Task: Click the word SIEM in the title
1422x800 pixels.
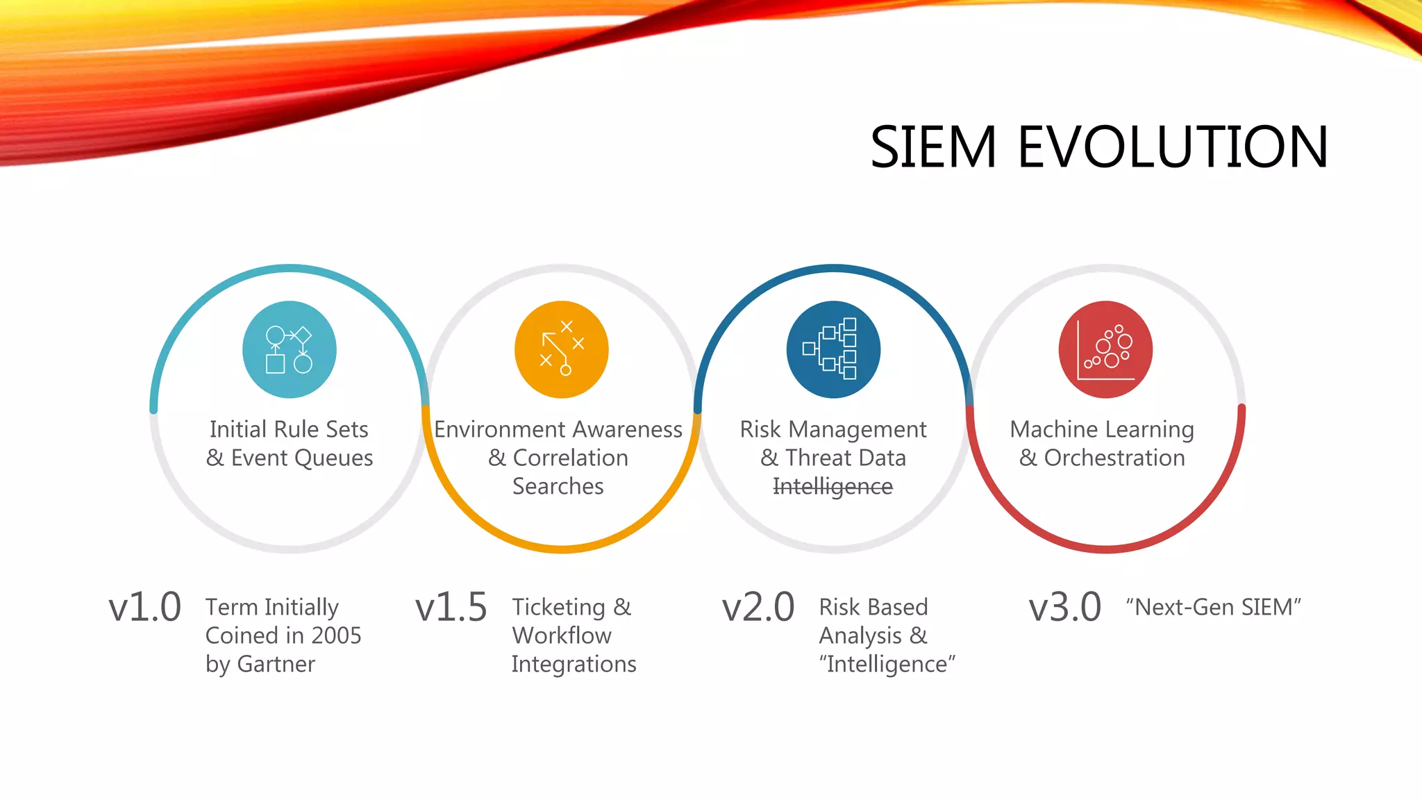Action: click(x=933, y=147)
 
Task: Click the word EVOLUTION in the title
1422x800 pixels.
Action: click(x=1173, y=147)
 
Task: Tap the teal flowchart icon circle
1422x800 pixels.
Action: click(x=290, y=349)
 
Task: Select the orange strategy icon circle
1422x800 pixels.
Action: click(x=561, y=349)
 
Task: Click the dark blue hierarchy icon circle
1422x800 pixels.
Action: click(x=833, y=349)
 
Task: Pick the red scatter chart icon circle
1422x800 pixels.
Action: click(x=1105, y=349)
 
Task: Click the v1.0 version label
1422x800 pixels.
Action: click(x=144, y=607)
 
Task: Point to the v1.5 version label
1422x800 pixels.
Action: click(x=451, y=607)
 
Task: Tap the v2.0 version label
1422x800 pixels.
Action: click(x=758, y=607)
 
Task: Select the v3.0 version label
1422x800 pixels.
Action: click(x=1064, y=607)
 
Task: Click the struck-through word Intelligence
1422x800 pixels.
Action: click(x=833, y=487)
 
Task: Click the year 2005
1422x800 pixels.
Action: click(x=336, y=635)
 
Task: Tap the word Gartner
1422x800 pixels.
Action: click(x=276, y=664)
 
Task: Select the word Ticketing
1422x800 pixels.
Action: click(x=558, y=607)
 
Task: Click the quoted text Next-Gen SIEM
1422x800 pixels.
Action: click(x=1213, y=607)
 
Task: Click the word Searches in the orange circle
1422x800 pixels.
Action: click(x=558, y=486)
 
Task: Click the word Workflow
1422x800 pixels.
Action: click(x=562, y=635)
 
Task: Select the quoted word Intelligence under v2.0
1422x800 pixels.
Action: click(x=887, y=664)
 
